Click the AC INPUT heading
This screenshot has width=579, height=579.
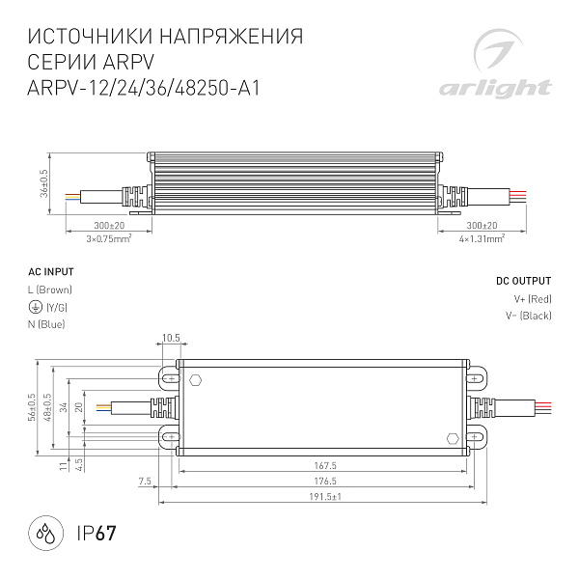pos(50,273)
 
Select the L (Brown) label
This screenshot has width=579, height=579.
pos(50,289)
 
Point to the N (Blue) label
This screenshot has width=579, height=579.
pos(46,324)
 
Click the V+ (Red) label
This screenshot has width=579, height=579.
pos(533,298)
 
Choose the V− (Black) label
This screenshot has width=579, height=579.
pos(528,316)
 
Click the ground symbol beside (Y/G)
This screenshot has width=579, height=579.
pos(35,307)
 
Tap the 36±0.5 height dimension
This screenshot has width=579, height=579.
pos(44,182)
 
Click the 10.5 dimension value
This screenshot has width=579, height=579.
pos(172,339)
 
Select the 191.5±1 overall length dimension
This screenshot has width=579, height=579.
pos(325,496)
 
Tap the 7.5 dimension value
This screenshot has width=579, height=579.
pos(146,481)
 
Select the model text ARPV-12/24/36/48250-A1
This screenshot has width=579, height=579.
pos(146,84)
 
